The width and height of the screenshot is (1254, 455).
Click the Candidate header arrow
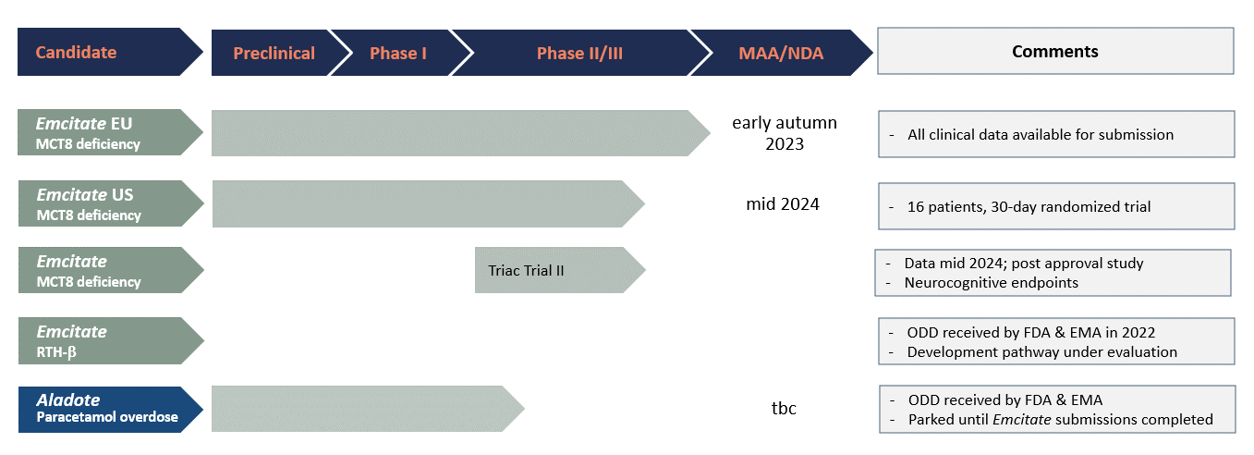(x=110, y=52)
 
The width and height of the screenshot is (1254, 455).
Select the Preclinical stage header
(x=274, y=53)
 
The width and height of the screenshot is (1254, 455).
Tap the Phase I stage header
(x=398, y=53)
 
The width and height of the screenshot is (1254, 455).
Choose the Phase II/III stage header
(x=579, y=53)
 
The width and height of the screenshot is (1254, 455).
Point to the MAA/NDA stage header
(x=781, y=53)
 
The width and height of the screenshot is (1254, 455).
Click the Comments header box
(x=1055, y=51)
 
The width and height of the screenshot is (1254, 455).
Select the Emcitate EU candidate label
(x=110, y=132)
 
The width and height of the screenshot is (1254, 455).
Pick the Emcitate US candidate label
(x=110, y=203)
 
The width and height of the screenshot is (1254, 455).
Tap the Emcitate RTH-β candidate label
(x=110, y=340)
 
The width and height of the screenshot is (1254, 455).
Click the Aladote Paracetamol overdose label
(x=110, y=409)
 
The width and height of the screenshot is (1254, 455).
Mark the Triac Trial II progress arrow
(x=560, y=270)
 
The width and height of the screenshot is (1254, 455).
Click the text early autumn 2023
(x=785, y=133)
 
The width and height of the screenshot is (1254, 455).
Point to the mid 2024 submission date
(x=783, y=204)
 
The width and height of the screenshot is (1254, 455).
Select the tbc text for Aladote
(x=784, y=408)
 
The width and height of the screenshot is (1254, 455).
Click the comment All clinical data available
(x=1041, y=134)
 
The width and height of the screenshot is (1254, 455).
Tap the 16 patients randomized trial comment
(x=1029, y=207)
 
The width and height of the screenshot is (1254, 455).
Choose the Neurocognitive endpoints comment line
(x=991, y=282)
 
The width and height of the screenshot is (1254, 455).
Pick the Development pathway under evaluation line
(x=1041, y=352)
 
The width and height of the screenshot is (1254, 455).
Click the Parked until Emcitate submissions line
(x=1060, y=419)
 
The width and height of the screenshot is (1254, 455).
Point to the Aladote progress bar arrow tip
(x=525, y=409)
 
